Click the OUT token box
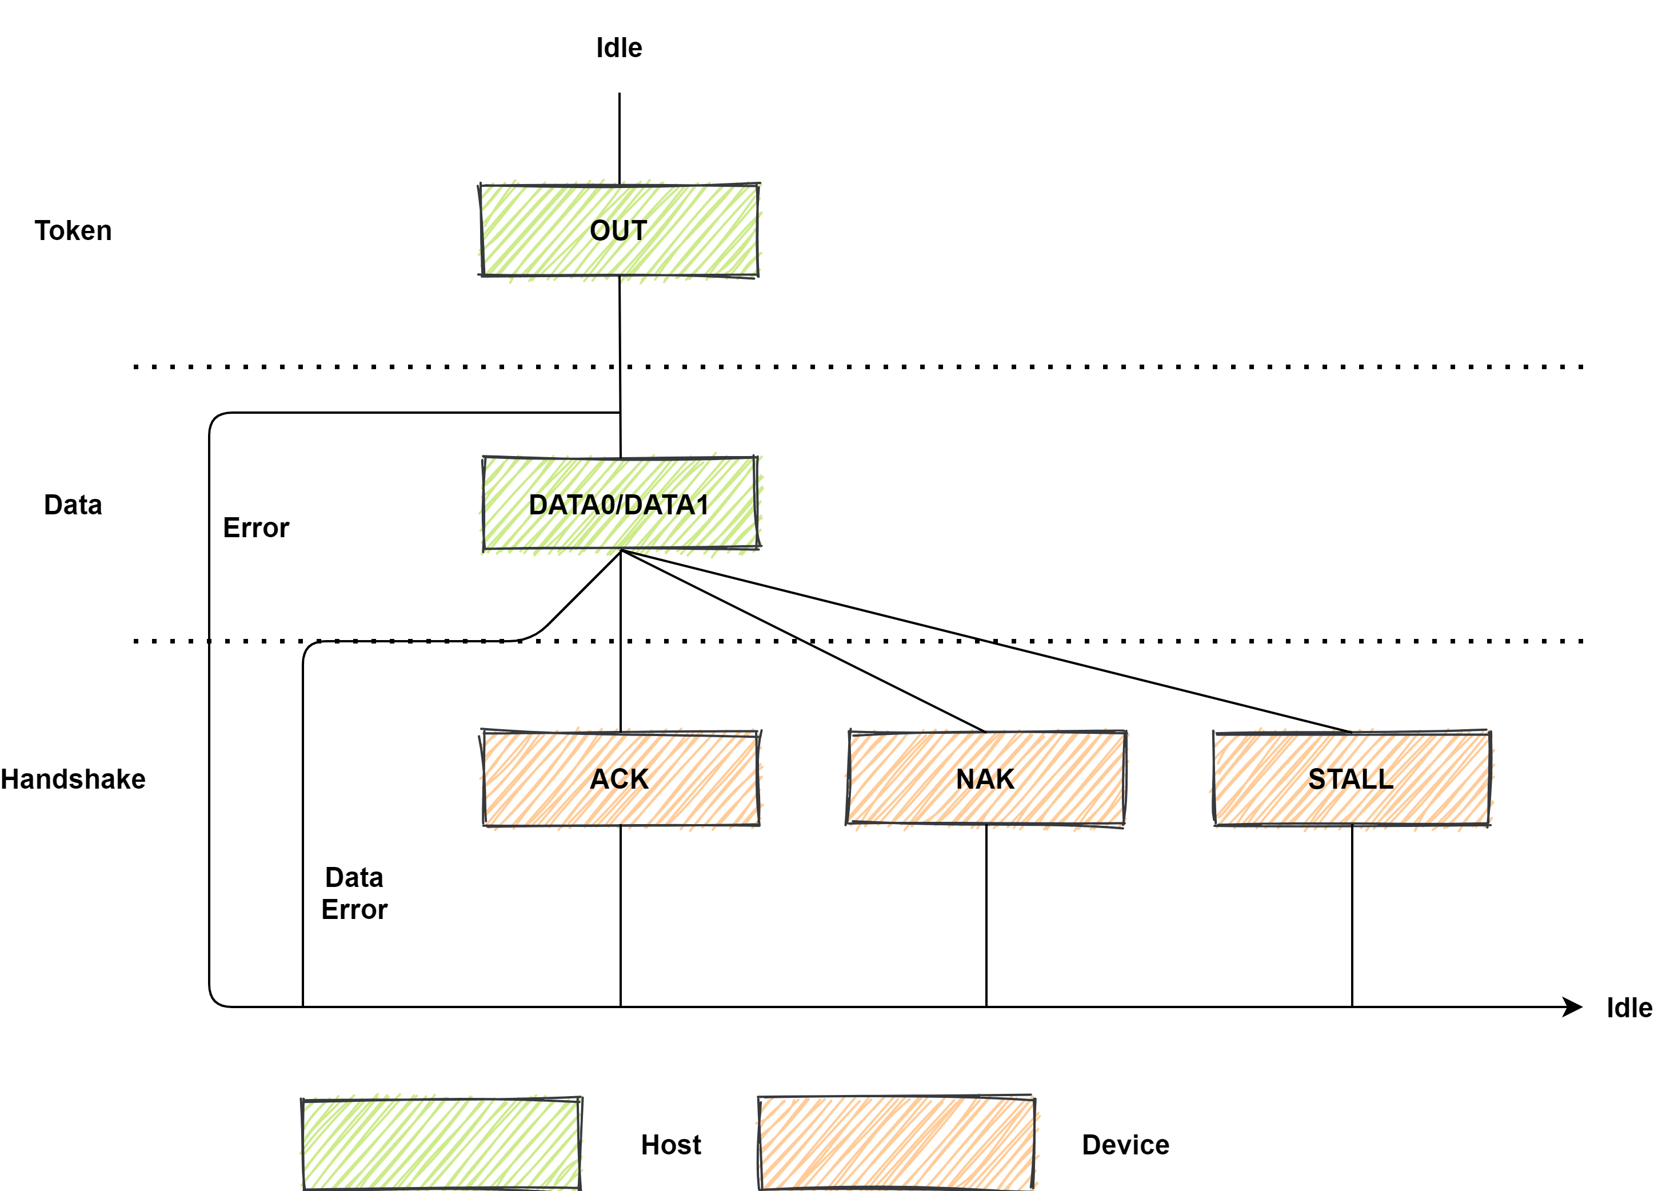tap(618, 231)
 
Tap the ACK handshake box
tap(620, 778)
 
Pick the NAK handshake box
tap(985, 778)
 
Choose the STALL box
tap(1351, 778)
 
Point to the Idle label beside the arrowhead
tap(1629, 1008)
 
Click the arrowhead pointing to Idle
tap(1572, 1007)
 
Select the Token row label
tap(73, 230)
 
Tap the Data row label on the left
tap(73, 505)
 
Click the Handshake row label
tap(73, 779)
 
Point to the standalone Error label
tap(256, 527)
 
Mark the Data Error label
tap(354, 893)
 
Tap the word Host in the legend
tap(670, 1145)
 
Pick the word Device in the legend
tap(1125, 1145)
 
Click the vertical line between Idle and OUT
tap(619, 139)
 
